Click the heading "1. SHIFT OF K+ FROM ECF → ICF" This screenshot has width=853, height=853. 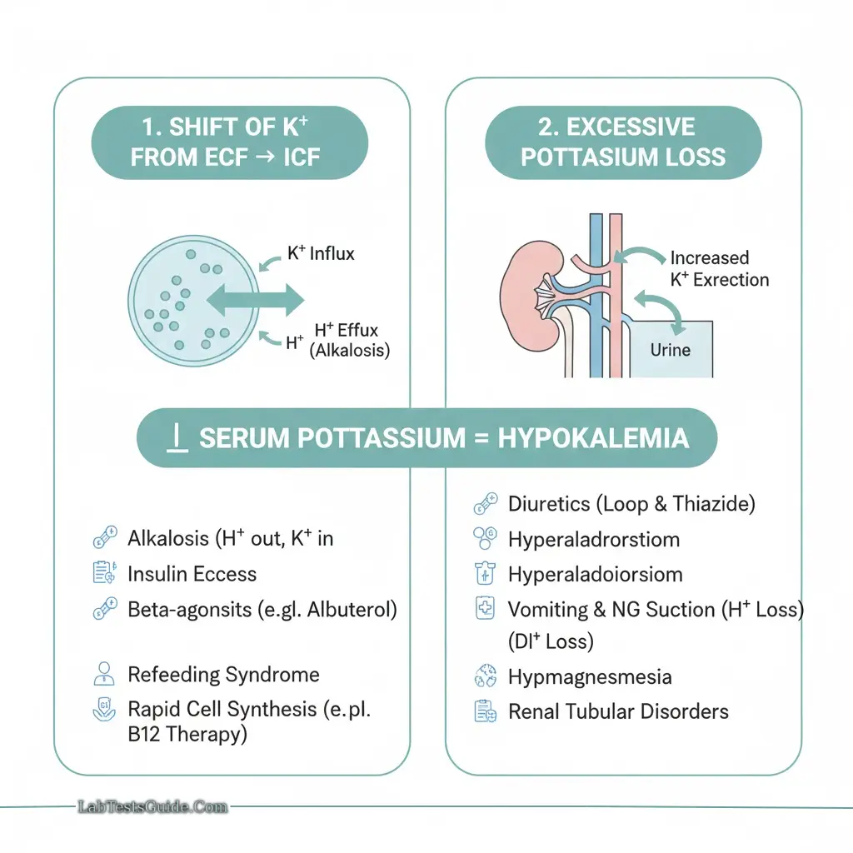229,142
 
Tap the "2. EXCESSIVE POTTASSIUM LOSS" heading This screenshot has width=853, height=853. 623,142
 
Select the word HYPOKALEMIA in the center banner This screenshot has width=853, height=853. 593,438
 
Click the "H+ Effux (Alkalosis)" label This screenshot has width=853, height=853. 349,340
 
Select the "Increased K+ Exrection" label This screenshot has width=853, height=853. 719,268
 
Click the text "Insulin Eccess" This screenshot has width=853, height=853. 192,574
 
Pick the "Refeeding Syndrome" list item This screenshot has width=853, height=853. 223,674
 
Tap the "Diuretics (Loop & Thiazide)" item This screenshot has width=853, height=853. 631,503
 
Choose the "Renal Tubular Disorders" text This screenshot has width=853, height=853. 618,711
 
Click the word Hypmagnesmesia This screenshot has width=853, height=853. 589,676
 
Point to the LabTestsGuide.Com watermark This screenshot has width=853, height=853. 151,806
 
